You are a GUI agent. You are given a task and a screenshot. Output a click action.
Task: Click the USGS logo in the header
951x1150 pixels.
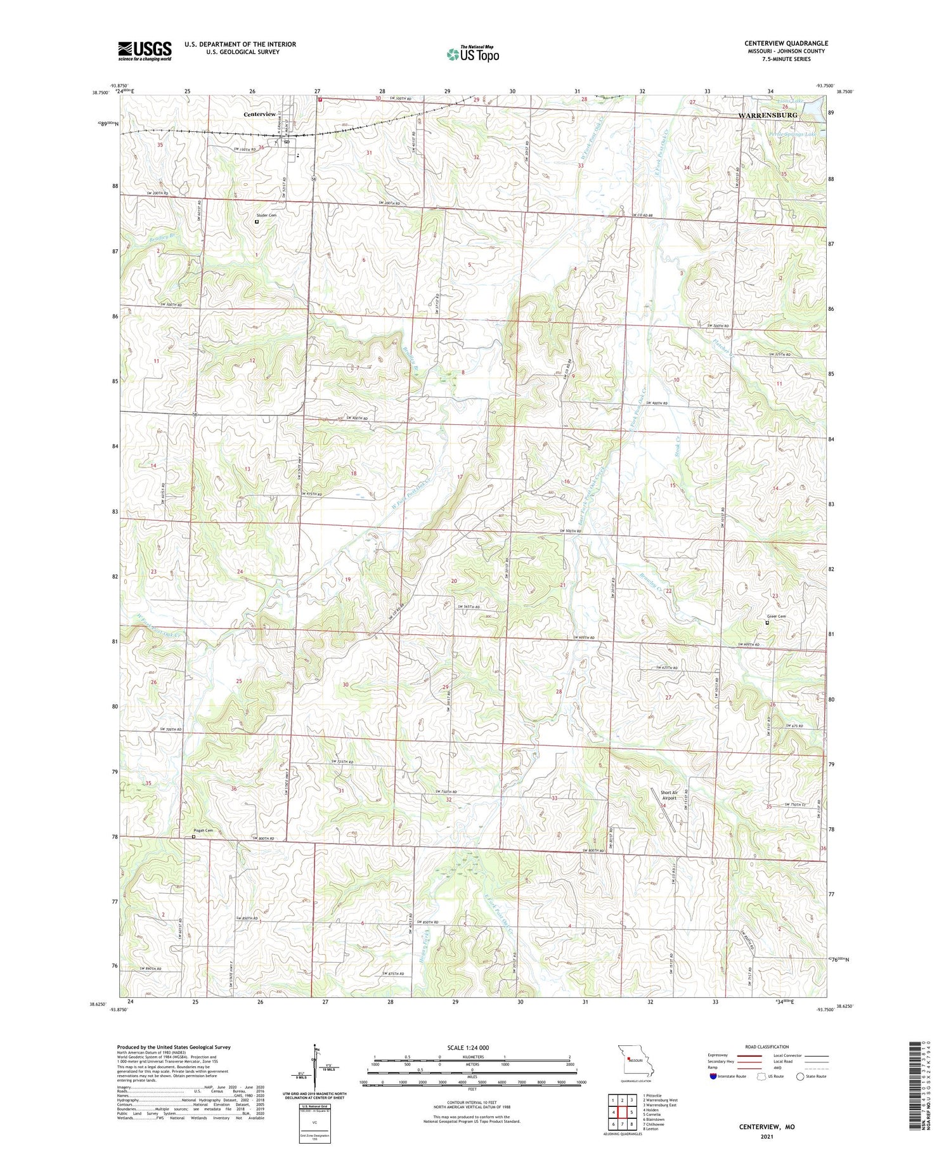coord(145,51)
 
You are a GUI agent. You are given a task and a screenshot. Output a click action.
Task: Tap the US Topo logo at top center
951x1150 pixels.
coord(472,54)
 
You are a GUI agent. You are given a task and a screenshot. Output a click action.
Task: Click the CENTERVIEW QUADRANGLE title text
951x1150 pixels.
coord(786,43)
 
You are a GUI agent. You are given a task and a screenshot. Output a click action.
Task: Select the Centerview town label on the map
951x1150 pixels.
coord(259,114)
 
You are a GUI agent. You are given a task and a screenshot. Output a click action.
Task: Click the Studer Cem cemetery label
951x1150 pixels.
coord(264,216)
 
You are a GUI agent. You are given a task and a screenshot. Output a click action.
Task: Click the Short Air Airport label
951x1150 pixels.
coord(673,795)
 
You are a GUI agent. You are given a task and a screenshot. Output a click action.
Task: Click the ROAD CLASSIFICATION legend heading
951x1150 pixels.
coord(767,1047)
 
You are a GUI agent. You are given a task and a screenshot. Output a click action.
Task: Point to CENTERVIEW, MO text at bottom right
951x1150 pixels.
coord(766,1127)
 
